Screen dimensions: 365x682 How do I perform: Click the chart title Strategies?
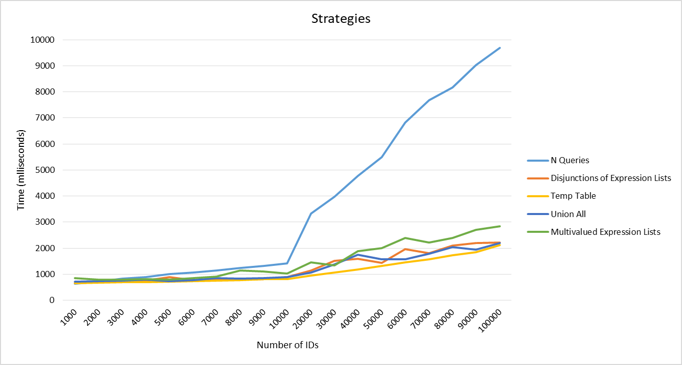pyautogui.click(x=340, y=19)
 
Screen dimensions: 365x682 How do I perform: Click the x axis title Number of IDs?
pyautogui.click(x=288, y=345)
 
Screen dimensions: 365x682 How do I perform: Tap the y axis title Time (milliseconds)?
pyautogui.click(x=21, y=170)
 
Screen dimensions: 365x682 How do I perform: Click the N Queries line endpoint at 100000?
pyautogui.click(x=500, y=48)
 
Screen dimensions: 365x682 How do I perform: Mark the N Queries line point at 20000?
pyautogui.click(x=310, y=214)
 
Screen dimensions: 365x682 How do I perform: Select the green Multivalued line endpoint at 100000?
pyautogui.click(x=500, y=226)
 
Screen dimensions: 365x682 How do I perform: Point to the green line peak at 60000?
pyautogui.click(x=405, y=238)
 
